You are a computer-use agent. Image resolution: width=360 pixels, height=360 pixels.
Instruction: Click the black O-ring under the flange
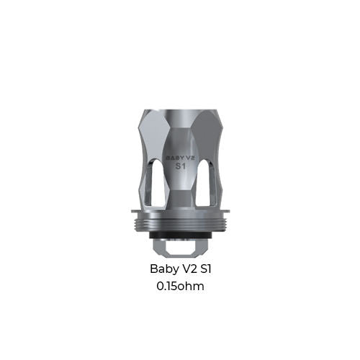coord(180,233)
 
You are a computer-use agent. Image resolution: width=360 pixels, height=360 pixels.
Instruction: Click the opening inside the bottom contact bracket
coord(180,248)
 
